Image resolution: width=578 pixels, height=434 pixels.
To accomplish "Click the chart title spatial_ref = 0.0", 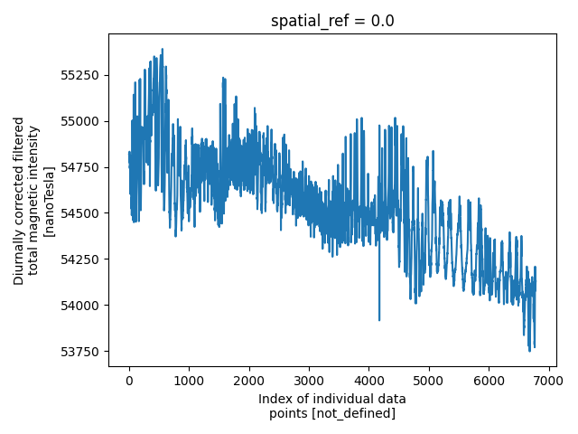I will coord(332,21).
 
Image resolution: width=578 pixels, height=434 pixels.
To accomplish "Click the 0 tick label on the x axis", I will coord(129,382).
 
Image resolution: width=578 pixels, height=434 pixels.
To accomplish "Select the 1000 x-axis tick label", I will coord(189,382).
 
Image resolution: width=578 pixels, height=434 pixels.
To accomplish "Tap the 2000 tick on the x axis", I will coord(248,382).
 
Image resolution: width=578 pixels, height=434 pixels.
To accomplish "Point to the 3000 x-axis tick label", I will coord(309,382).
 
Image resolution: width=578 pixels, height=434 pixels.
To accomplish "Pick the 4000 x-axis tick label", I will coord(368,382).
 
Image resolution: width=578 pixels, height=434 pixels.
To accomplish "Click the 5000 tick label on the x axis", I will coord(428,382).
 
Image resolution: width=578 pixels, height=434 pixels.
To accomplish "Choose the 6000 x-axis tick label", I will coord(489,382).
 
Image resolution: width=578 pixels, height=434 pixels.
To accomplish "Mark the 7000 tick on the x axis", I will coord(548,382).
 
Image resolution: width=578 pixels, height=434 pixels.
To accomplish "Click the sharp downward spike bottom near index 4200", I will coord(379,319).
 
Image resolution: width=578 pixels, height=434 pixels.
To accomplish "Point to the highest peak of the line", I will coord(163,50).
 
